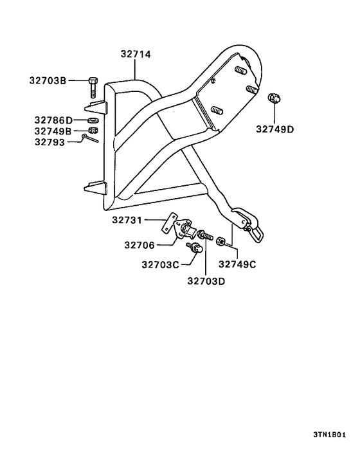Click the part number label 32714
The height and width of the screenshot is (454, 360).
(x=136, y=54)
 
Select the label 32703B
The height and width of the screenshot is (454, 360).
(x=48, y=80)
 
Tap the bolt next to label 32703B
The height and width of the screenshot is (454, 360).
(x=93, y=87)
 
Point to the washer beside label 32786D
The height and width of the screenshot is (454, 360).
(x=93, y=120)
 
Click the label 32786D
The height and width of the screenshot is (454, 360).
(x=53, y=120)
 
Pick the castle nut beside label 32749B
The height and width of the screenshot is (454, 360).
(x=93, y=131)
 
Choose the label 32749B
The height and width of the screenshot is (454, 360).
(x=53, y=131)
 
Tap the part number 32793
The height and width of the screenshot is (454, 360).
(x=50, y=142)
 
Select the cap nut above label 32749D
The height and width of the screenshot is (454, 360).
(x=274, y=98)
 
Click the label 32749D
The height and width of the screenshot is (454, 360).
(x=274, y=129)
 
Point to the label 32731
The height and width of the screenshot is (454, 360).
(x=127, y=221)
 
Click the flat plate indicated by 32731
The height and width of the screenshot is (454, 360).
(x=169, y=222)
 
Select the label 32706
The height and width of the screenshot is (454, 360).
(x=139, y=245)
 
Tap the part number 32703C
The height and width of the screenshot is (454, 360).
(x=160, y=265)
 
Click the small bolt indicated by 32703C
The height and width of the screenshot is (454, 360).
(x=194, y=248)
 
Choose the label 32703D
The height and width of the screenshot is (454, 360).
(x=206, y=281)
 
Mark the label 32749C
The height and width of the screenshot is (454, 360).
(x=237, y=264)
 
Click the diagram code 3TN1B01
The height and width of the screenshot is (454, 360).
(x=329, y=435)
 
